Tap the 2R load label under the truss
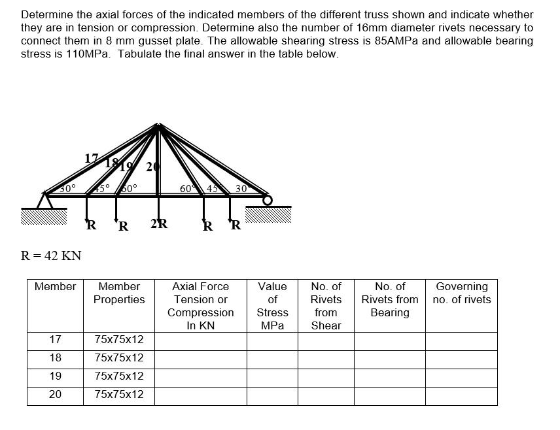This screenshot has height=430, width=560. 158,224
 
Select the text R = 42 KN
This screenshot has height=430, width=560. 51,256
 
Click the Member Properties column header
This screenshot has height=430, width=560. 119,293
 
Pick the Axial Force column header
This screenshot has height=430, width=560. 200,306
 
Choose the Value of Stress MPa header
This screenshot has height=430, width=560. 272,306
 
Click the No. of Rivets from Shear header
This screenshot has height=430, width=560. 326,306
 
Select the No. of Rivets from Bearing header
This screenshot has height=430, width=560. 390,299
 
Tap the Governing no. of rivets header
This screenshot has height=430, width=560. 461,293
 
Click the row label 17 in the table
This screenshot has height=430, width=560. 56,340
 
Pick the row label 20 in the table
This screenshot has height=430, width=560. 56,395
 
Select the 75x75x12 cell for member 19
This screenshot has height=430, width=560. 119,376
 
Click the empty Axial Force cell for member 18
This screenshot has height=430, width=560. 200,358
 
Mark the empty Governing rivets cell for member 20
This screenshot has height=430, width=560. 461,395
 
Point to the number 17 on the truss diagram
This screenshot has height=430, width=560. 92,158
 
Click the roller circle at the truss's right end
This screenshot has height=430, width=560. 267,199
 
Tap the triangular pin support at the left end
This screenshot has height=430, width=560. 44,200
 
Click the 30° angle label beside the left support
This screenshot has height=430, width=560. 68,188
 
